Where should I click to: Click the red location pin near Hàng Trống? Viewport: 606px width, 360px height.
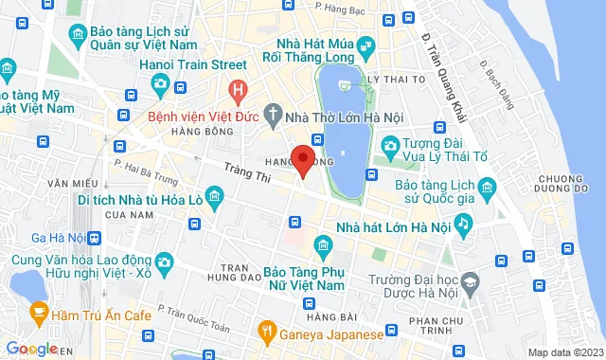click(x=303, y=159)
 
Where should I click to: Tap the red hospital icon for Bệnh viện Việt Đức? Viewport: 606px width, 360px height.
click(x=238, y=92)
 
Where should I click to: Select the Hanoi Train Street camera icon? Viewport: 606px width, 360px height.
click(x=160, y=84)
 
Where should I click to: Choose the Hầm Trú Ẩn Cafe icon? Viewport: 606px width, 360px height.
click(x=39, y=311)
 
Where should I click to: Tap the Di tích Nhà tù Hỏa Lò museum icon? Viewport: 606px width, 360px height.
click(x=215, y=199)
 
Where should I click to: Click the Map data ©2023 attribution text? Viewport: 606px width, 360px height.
click(x=563, y=352)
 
